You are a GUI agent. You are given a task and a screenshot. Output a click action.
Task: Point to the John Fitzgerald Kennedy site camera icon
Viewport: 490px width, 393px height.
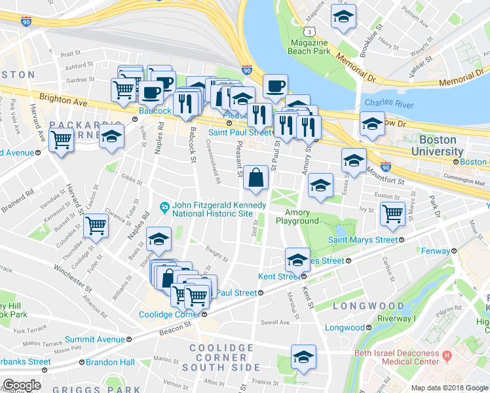(166, 209)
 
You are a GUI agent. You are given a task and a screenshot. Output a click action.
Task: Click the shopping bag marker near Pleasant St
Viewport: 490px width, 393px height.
(256, 178)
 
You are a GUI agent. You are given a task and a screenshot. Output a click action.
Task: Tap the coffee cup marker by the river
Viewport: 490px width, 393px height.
(275, 85)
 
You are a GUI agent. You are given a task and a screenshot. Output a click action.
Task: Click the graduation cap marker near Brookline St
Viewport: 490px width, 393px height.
(341, 18)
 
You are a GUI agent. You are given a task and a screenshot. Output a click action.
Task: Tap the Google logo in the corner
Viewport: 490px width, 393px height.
(22, 385)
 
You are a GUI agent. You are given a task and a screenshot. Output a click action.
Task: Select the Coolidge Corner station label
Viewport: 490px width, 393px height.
(169, 314)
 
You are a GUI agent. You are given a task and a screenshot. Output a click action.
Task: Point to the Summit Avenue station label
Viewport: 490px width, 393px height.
(95, 339)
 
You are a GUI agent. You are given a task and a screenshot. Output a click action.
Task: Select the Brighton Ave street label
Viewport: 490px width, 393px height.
(64, 102)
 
